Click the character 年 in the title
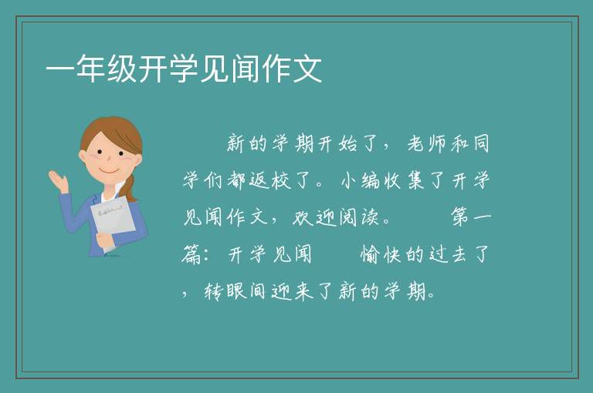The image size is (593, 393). coord(91,69)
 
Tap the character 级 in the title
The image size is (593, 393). coord(122,69)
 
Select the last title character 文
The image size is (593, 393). coord(307,69)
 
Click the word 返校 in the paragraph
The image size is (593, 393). coord(269,180)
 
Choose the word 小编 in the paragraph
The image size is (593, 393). coord(360,180)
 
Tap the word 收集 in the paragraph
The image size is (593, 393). coord(404,180)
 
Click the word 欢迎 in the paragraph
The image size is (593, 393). coord(314,217)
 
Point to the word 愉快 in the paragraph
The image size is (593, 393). coord(381,254)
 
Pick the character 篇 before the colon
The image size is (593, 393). coord(191,254)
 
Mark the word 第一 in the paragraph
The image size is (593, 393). coord(471,217)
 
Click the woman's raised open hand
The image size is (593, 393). coord(58,180)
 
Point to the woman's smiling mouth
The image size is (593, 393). coord(110,170)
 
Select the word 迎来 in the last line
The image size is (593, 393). coord(292,291)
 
